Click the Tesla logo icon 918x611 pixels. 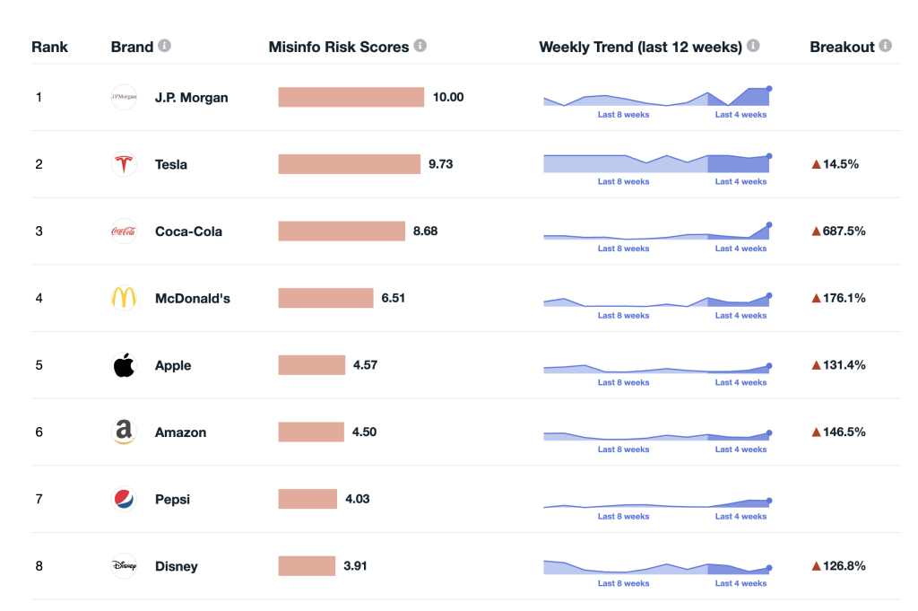(123, 164)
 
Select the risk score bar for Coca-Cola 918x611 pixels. (342, 231)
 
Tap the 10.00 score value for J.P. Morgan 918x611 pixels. (448, 97)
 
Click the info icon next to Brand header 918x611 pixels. (164, 46)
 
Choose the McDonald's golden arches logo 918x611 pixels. (123, 298)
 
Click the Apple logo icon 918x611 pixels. (123, 365)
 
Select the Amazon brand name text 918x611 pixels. (180, 432)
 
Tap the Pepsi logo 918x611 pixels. (123, 499)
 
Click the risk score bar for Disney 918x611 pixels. (307, 566)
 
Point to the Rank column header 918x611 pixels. (49, 47)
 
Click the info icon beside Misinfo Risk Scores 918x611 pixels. (420, 46)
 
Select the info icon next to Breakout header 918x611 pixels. (885, 46)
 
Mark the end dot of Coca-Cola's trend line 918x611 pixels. (769, 224)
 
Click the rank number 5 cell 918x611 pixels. (39, 365)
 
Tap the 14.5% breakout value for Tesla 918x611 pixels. (840, 164)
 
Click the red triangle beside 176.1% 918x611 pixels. (816, 298)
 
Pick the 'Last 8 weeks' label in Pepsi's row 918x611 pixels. (623, 516)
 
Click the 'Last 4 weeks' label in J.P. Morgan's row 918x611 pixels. (740, 115)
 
